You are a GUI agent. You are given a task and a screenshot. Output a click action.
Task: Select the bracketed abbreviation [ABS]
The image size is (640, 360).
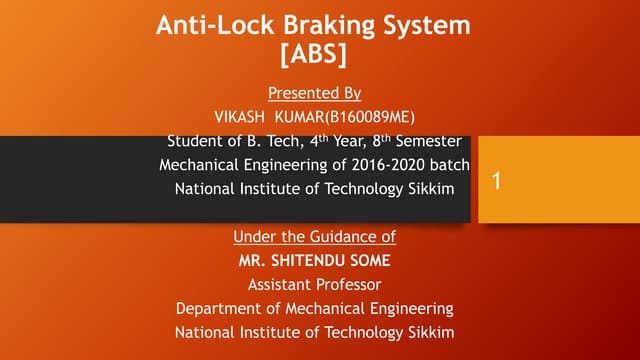tap(314, 55)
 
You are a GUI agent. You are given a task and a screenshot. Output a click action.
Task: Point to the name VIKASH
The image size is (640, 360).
tap(244, 116)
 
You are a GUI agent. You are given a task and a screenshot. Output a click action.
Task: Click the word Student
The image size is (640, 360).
tap(197, 141)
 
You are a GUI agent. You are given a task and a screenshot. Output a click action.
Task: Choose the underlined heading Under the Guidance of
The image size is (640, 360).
tap(314, 237)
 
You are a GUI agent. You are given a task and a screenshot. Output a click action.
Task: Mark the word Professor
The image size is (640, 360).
tap(350, 284)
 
